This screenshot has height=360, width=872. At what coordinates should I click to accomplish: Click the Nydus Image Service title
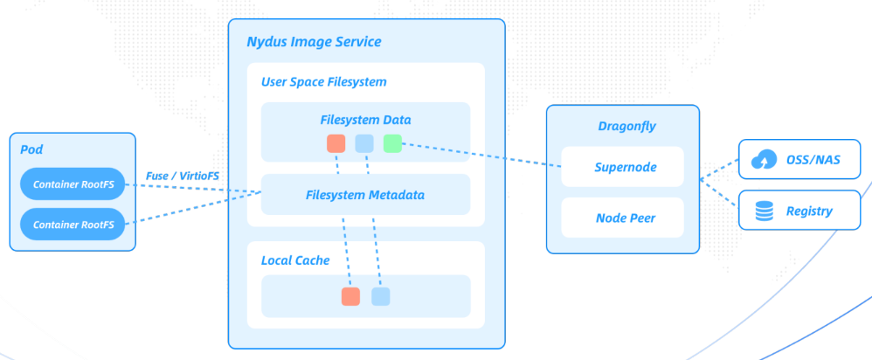click(313, 42)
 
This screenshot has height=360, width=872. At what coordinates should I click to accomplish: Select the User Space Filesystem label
click(323, 81)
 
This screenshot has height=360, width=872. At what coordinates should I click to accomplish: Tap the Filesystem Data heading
click(365, 120)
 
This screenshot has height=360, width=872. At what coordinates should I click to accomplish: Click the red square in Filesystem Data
click(336, 143)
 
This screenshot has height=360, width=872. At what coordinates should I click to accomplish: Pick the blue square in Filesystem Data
click(364, 143)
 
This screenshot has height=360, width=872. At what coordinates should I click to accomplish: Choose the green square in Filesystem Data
click(392, 143)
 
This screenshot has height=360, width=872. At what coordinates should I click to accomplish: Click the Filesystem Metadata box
click(365, 195)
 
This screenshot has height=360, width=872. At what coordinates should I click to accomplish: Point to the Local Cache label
click(295, 260)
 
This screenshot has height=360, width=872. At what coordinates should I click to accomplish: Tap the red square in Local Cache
click(350, 296)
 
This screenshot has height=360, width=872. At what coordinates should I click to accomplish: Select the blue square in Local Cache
click(380, 296)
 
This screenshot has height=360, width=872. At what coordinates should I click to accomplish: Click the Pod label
click(31, 150)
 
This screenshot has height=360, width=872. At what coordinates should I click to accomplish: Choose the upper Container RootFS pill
click(73, 184)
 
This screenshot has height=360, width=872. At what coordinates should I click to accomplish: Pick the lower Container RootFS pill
click(73, 225)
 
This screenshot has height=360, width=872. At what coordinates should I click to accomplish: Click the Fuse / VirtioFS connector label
click(182, 176)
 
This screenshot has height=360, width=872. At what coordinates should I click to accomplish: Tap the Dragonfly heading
click(623, 126)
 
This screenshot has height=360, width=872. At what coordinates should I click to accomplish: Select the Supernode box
click(621, 166)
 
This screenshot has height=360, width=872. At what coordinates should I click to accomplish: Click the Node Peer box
click(621, 218)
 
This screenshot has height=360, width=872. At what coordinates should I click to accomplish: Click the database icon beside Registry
click(764, 211)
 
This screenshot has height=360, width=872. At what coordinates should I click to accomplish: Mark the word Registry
click(808, 211)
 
